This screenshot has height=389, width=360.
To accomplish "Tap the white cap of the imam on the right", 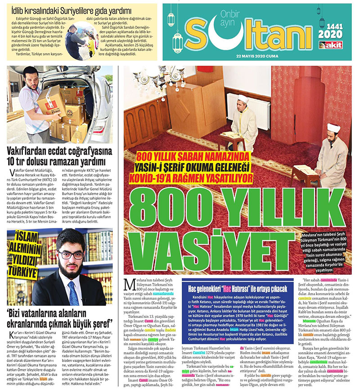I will click(333, 128).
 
